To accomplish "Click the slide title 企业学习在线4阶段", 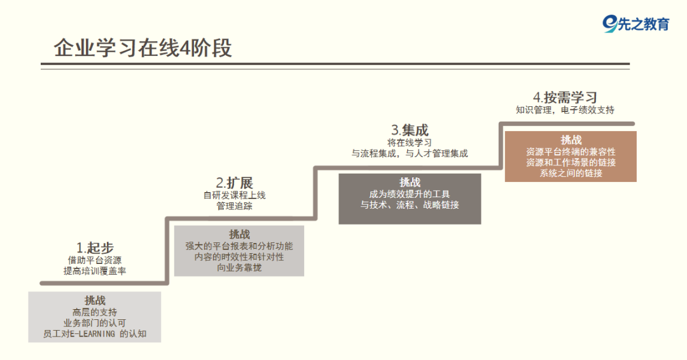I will coord(142,48).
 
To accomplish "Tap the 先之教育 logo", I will coord(636,24).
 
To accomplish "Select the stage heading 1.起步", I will coord(95,248).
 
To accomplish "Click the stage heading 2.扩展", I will coord(234,183).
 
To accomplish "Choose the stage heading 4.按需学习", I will coord(565,97).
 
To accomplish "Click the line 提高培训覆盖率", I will coord(95,271).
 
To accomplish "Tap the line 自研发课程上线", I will coord(234,195).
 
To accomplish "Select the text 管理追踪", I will coord(234,206).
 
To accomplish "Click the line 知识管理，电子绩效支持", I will coord(565,110).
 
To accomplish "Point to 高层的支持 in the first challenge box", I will coord(95,312).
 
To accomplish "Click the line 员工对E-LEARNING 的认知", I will coord(95,333).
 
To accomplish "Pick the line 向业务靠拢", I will coord(239,268).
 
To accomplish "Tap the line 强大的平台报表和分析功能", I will coord(239,246).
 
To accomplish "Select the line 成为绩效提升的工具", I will coord(410,194).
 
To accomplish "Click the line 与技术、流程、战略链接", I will coord(410,205).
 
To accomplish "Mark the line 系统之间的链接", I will coord(571,173).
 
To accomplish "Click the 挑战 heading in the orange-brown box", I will coord(571,139).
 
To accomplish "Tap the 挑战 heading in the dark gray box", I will coord(410,183).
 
